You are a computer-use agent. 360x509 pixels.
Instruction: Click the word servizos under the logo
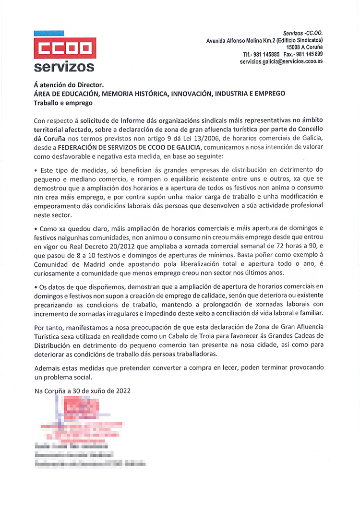point(64,67)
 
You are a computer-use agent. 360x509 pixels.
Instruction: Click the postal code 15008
point(295,48)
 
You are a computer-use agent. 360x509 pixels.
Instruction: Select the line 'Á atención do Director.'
point(69,85)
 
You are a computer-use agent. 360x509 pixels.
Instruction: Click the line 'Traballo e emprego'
point(62,103)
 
